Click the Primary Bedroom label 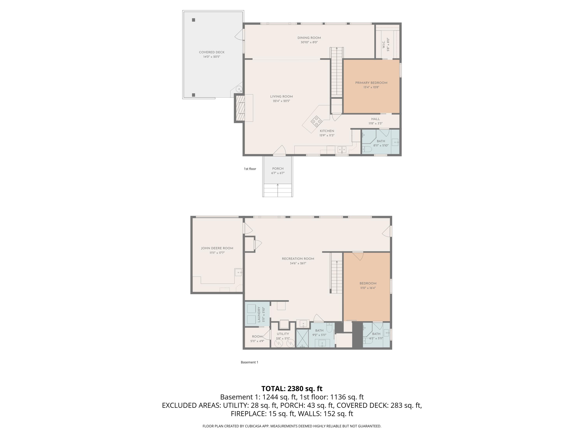[x=371, y=83]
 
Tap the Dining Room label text [x=309, y=38]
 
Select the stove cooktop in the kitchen [x=316, y=121]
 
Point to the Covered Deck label [x=212, y=52]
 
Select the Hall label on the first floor [x=376, y=119]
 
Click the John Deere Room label [x=217, y=248]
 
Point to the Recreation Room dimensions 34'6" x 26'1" [x=298, y=263]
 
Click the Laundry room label [x=259, y=314]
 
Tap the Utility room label [x=283, y=334]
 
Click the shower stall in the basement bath [x=302, y=338]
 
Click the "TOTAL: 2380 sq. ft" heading [x=292, y=389]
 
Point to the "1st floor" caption [x=250, y=169]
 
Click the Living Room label [x=281, y=96]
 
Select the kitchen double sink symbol [x=342, y=150]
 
